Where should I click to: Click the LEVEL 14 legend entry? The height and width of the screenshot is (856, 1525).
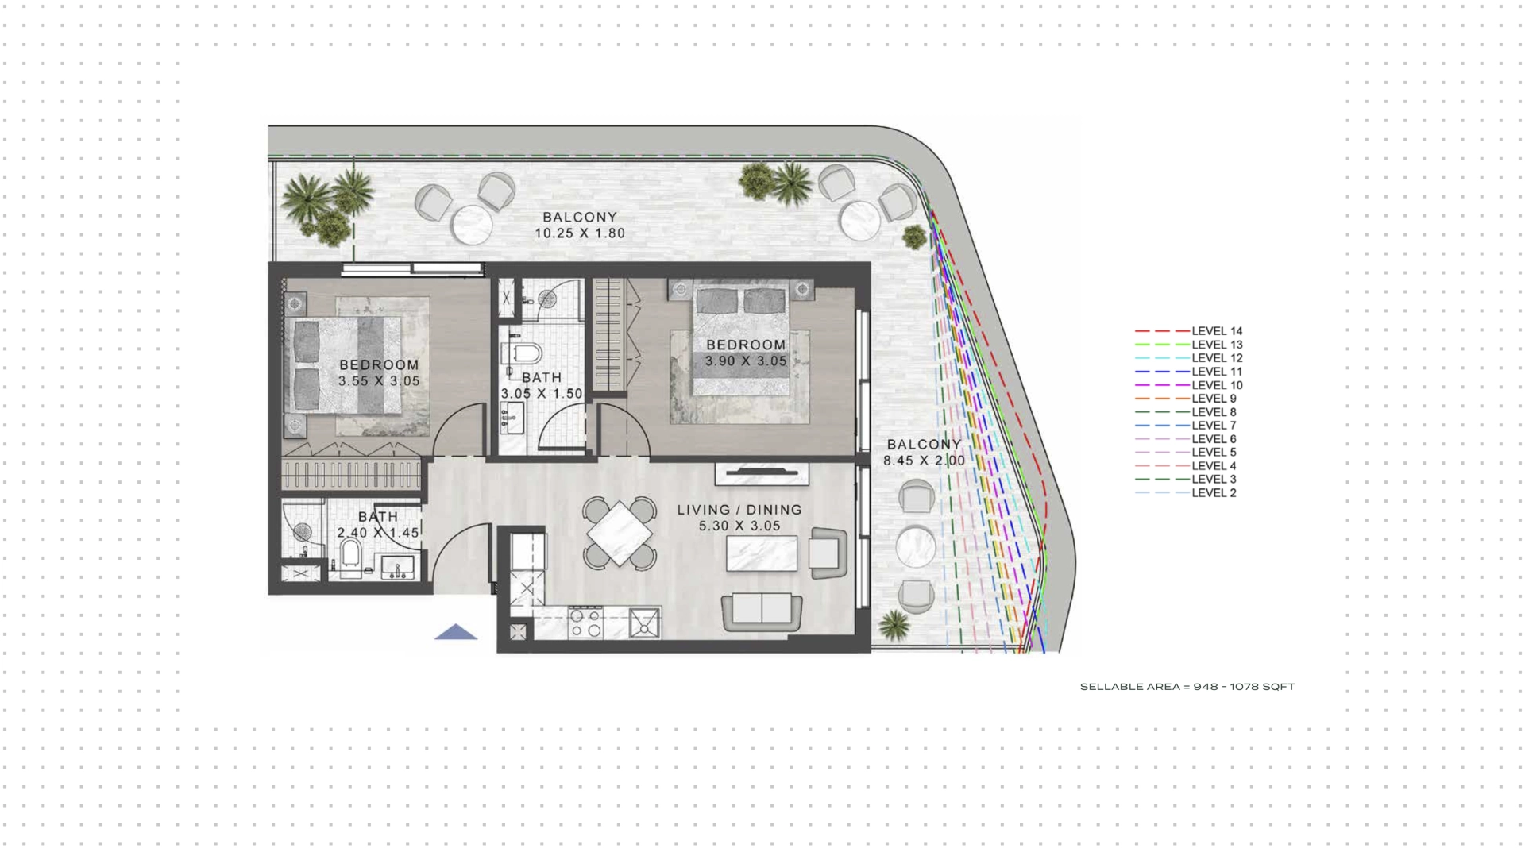(1189, 331)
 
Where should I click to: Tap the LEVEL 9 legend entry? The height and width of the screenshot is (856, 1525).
(1186, 399)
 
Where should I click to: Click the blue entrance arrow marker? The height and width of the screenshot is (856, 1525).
(456, 632)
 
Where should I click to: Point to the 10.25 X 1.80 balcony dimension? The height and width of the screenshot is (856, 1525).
(580, 233)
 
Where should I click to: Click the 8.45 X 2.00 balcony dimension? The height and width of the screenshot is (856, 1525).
(924, 461)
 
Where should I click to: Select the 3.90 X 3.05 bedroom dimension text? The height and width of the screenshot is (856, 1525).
(746, 361)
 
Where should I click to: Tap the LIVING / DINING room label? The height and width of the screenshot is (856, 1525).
(739, 510)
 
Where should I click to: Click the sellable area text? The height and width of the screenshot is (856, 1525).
(1187, 687)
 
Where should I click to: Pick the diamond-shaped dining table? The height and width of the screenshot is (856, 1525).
(620, 533)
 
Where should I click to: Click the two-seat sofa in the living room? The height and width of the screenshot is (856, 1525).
(762, 611)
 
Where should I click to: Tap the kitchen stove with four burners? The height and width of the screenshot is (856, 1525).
(585, 623)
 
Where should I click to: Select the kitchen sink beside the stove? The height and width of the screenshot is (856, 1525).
(645, 623)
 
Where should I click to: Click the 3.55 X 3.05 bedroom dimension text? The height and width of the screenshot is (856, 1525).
(379, 381)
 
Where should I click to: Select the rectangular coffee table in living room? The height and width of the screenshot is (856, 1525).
(762, 553)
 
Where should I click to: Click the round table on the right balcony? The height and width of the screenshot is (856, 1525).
(917, 546)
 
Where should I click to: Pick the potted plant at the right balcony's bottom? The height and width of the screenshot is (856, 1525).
(894, 625)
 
